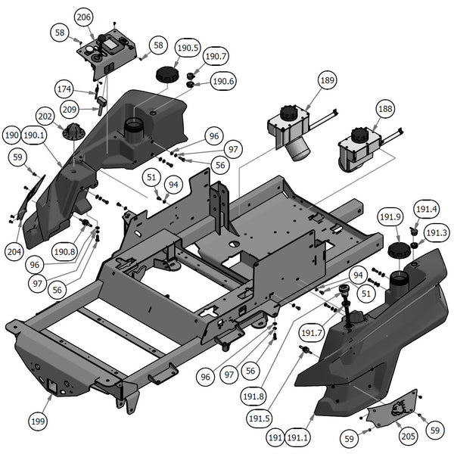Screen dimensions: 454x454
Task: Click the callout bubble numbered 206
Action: pyautogui.click(x=84, y=17)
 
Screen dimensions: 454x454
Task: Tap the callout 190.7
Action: pyautogui.click(x=216, y=56)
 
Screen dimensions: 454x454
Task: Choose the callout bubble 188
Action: pyautogui.click(x=385, y=109)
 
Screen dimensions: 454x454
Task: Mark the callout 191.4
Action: pyautogui.click(x=426, y=209)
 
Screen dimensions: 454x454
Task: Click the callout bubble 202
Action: pyautogui.click(x=46, y=118)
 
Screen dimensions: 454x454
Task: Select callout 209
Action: pyautogui.click(x=70, y=109)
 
